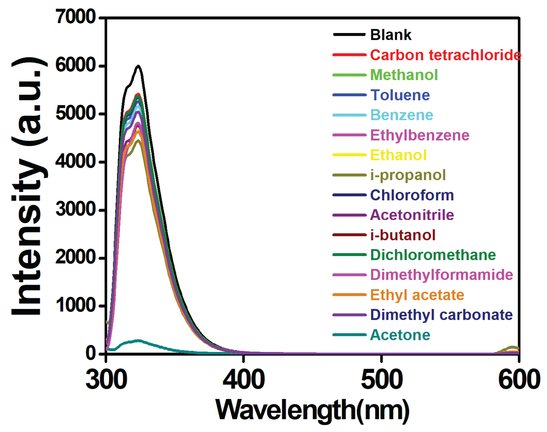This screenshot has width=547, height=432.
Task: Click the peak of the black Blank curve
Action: point(138,66)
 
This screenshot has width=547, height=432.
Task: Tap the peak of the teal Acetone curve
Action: point(139,340)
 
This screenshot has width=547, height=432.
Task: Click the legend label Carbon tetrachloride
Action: point(445,55)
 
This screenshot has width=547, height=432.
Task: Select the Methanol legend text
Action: point(404,75)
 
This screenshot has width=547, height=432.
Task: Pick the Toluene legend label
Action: point(400,95)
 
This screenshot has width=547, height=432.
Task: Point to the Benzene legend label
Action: point(401,115)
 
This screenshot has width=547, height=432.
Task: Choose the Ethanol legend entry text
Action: point(398,155)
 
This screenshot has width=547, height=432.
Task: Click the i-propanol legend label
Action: point(408,175)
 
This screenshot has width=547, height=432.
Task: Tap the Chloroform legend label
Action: point(412,195)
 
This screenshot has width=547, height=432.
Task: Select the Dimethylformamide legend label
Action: point(441,275)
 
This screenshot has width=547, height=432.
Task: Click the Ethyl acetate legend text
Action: point(417,295)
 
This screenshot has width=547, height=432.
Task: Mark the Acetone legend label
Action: point(400,335)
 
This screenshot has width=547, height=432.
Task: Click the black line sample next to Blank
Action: point(349,35)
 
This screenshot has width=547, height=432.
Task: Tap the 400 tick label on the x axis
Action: point(244,379)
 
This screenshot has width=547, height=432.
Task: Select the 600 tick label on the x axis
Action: point(519,379)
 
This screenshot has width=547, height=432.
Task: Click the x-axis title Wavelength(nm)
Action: point(312,410)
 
